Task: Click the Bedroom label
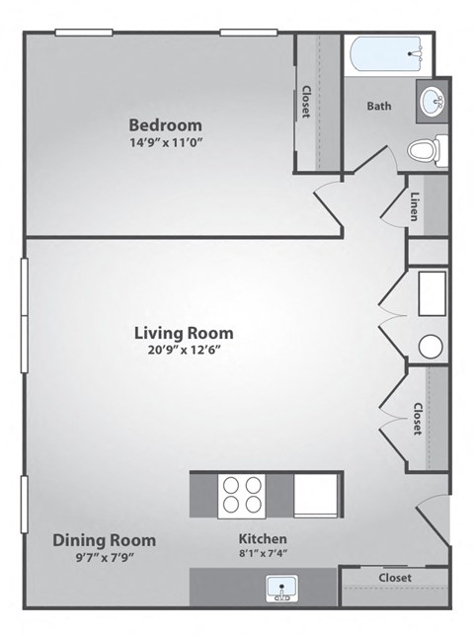point(166,125)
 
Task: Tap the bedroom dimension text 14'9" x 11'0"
point(166,142)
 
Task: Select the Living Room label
point(184,333)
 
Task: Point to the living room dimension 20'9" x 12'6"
point(184,350)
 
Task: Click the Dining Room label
point(104,540)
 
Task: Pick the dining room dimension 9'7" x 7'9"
point(104,556)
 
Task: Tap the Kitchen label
point(263,539)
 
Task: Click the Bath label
point(379,106)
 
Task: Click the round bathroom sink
point(432,101)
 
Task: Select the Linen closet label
point(415,205)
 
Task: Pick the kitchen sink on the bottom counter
point(282,590)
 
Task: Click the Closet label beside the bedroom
point(307,102)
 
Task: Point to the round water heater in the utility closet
point(431,346)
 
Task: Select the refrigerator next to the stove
point(316,494)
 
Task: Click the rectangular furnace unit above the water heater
point(432,293)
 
